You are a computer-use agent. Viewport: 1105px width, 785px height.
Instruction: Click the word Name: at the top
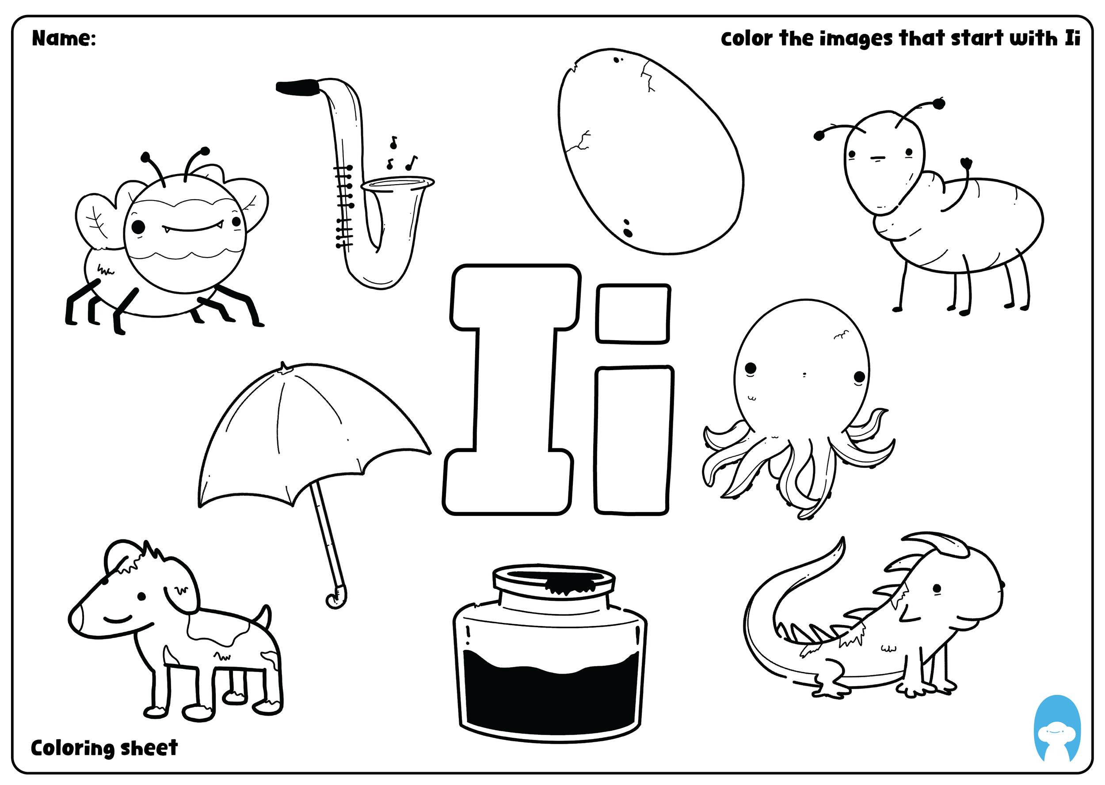coord(64,38)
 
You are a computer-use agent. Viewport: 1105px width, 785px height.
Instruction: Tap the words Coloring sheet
coord(104,748)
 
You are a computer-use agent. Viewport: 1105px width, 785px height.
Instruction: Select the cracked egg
coord(651,151)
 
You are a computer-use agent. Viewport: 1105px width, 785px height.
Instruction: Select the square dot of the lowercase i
coord(633,314)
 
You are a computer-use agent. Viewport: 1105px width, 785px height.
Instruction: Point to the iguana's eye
coord(937,589)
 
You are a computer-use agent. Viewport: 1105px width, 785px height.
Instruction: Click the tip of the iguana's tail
coord(843,538)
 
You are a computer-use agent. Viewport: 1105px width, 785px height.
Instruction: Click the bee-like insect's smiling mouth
coord(192,227)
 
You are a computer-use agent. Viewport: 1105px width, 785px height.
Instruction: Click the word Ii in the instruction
coord(1072,38)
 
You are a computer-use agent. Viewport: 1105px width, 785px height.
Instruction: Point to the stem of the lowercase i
coord(633,440)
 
